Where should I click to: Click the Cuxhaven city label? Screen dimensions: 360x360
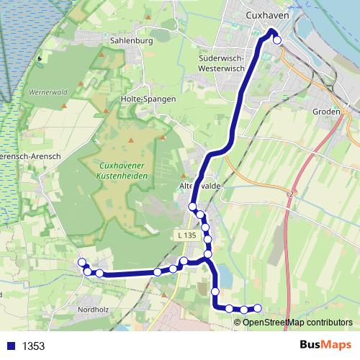click(x=267, y=14)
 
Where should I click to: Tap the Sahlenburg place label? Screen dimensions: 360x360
click(x=132, y=41)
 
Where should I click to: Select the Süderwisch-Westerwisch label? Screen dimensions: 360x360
click(x=222, y=63)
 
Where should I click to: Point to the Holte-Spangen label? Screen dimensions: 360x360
click(x=148, y=99)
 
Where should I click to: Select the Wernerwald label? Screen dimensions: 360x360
click(x=48, y=93)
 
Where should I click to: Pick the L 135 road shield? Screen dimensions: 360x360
click(x=186, y=235)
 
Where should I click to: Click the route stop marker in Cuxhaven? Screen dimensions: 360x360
click(x=277, y=40)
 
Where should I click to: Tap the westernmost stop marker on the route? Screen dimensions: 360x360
click(x=81, y=262)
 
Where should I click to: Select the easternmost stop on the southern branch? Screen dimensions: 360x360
click(x=257, y=309)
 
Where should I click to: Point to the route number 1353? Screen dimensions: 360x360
click(x=34, y=346)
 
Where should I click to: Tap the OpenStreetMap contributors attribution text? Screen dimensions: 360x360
click(x=297, y=322)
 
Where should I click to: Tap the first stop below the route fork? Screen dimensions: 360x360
click(x=215, y=292)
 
